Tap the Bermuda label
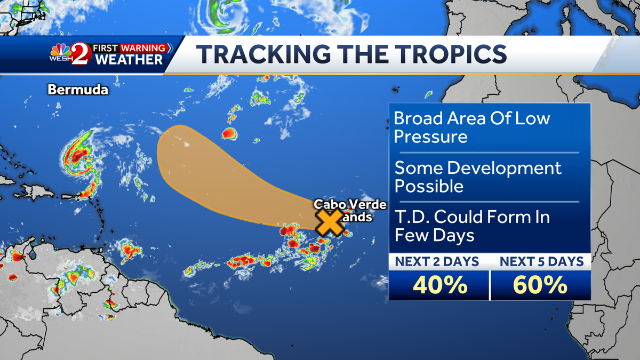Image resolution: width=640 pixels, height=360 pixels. pos(78,90)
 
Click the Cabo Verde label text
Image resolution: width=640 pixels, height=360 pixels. pos(350,205)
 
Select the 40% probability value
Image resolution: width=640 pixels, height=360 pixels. pos(438,286)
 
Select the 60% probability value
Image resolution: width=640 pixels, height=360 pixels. pos(540,286)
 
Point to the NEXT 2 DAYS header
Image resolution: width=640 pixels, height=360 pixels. pos(437,261)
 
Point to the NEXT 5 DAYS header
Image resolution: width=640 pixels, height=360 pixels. pos(540,261)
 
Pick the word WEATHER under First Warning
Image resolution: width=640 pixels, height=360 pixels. pos(129,60)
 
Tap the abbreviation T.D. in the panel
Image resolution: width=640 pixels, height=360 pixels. pos(411,217)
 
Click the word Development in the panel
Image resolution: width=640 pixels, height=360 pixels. pos(505,169)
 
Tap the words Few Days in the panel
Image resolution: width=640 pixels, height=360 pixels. pos(434,235)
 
